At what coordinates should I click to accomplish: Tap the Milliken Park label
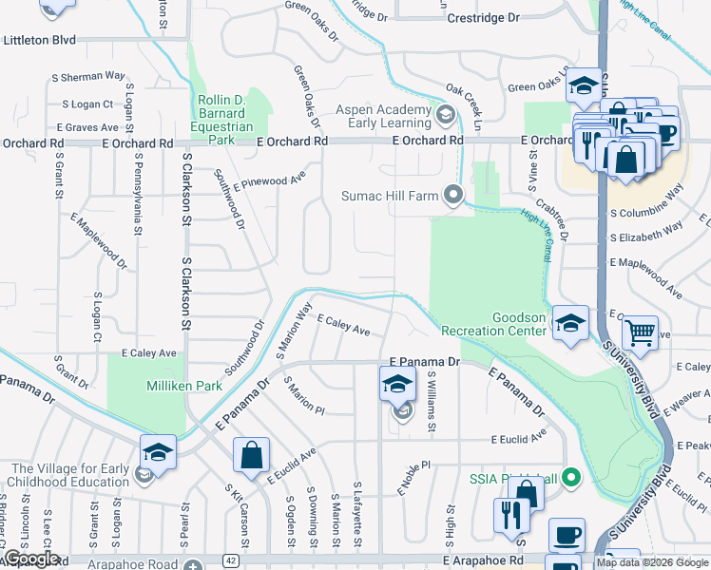[x=184, y=386]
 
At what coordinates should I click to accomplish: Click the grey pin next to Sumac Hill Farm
[x=453, y=197]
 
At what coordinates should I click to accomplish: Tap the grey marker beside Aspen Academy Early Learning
[x=444, y=116]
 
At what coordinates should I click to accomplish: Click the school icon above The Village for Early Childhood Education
[x=158, y=450]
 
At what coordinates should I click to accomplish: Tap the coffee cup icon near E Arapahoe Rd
[x=567, y=535]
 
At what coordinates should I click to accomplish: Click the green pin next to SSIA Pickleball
[x=570, y=476]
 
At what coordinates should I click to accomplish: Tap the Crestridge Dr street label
[x=484, y=18]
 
